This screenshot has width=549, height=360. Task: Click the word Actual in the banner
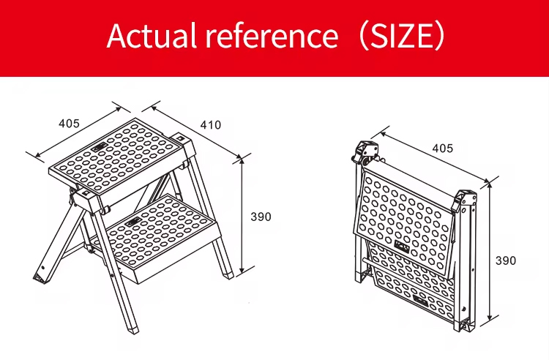(152, 35)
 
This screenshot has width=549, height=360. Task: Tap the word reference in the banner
(272, 36)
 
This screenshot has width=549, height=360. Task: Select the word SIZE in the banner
(403, 36)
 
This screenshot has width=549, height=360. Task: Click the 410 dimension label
(211, 125)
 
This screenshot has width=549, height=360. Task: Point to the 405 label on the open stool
(69, 123)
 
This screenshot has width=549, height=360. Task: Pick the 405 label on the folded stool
(443, 149)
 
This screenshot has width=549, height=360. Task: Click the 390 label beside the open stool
(261, 217)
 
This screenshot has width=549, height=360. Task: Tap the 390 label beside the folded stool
(506, 260)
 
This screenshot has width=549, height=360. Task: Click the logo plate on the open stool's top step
(100, 148)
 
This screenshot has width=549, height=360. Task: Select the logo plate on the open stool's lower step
(133, 222)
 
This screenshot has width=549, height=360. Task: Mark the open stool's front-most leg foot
(132, 329)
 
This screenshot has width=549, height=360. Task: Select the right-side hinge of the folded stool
(465, 201)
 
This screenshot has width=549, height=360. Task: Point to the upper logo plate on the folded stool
(402, 246)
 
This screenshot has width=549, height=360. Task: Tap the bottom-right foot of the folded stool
(466, 326)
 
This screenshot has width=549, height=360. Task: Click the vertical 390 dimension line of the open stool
(242, 216)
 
